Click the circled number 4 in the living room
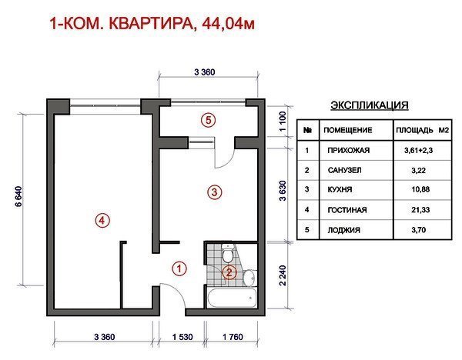(102, 220)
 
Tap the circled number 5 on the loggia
(209, 121)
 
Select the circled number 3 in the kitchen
(214, 192)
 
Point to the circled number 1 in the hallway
(179, 268)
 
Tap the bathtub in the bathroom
(232, 297)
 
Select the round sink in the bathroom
(249, 277)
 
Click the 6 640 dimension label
(18, 197)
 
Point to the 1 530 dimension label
(182, 337)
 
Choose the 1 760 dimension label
(233, 337)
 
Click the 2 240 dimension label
(283, 275)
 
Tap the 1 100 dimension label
(283, 122)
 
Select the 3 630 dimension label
(283, 191)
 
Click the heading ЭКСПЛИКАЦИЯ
(370, 105)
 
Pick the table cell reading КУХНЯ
(340, 189)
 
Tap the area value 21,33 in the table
(420, 210)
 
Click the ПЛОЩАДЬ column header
(414, 130)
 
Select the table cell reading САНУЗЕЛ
(344, 170)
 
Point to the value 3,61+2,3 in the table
(418, 151)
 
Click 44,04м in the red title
(228, 24)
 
